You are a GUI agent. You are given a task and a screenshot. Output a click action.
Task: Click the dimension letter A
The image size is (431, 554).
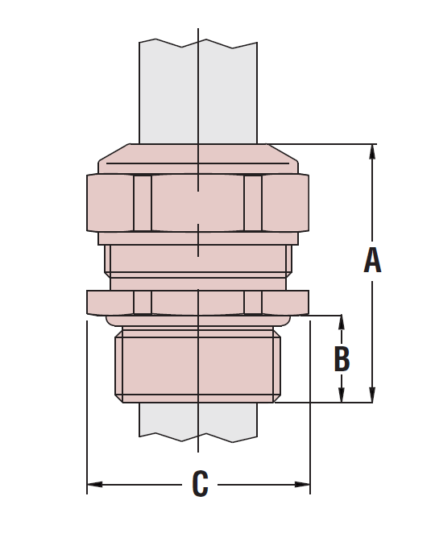[x=372, y=260]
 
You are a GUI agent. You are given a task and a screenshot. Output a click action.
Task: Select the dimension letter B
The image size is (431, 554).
[x=342, y=359]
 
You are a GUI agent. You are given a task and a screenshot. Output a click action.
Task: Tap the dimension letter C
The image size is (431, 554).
[x=200, y=484]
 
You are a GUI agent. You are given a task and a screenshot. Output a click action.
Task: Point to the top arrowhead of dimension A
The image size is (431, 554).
[x=372, y=152]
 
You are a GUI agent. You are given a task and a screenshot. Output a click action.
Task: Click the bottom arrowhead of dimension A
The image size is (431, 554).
[x=372, y=395]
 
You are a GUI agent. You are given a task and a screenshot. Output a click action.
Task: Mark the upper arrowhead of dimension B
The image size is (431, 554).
[x=342, y=322]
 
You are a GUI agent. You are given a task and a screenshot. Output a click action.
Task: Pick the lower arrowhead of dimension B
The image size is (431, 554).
[x=342, y=395]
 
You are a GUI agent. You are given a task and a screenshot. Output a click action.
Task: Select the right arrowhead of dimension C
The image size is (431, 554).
[x=302, y=484]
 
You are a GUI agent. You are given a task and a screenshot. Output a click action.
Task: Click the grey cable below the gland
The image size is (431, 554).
[x=169, y=420]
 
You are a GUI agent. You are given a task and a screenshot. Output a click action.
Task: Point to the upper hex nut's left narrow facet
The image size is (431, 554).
[x=143, y=203]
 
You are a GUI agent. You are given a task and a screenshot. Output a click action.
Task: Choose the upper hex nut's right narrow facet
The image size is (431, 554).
[x=253, y=203]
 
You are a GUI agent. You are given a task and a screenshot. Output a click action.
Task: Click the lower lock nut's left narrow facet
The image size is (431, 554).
[x=143, y=302]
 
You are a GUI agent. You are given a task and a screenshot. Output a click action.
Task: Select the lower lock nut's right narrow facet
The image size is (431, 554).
[x=253, y=302]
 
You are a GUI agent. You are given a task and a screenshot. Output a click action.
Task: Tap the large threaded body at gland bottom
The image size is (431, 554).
[x=198, y=366]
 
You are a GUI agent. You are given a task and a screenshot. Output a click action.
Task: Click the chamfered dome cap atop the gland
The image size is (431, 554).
[x=198, y=158]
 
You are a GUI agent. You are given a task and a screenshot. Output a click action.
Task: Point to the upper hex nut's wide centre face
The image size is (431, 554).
[x=198, y=203]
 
